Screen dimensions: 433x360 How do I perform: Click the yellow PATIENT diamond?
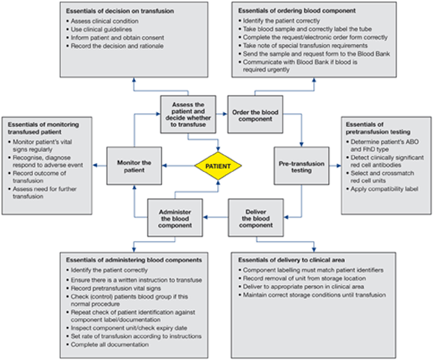[x=218, y=166]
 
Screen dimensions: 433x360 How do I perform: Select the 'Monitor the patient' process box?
[x=134, y=166]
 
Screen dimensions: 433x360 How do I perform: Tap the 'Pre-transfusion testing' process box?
[x=302, y=166]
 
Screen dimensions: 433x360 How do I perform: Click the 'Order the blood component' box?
[x=255, y=115]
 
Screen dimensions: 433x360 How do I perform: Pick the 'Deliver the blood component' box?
[x=255, y=217]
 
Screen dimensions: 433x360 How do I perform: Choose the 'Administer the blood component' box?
[x=175, y=217]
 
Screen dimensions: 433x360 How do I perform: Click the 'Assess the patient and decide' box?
[x=188, y=115]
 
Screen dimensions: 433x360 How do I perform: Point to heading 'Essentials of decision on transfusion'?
[x=120, y=11]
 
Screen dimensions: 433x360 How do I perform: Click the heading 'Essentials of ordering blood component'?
[x=296, y=11]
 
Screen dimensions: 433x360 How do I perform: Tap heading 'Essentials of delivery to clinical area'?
[x=291, y=260]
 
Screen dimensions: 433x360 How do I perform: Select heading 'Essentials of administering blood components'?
[x=134, y=260]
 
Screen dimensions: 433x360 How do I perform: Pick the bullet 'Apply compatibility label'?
[x=382, y=189]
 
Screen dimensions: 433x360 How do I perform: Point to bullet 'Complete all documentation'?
[x=107, y=345]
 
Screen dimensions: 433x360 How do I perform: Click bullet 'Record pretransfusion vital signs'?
[x=114, y=288]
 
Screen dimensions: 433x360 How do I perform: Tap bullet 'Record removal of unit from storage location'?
[x=302, y=278]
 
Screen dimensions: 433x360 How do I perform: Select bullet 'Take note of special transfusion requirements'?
[x=303, y=46]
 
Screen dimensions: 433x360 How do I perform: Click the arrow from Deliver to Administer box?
[x=216, y=217]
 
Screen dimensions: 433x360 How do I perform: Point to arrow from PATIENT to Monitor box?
[x=178, y=165]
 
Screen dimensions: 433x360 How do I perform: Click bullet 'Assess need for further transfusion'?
[x=43, y=192]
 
